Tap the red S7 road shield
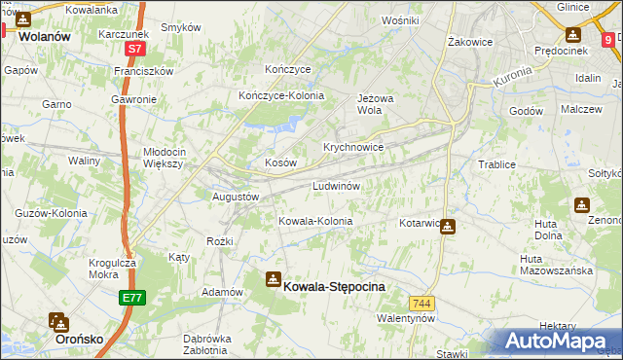pyautogui.click(x=137, y=47)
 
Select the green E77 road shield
pyautogui.click(x=133, y=298)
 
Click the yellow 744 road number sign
pyautogui.click(x=421, y=304)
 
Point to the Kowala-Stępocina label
pyautogui.click(x=334, y=287)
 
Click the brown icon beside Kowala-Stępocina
pyautogui.click(x=274, y=280)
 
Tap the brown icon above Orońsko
pyautogui.click(x=57, y=322)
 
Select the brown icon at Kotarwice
pyautogui.click(x=447, y=227)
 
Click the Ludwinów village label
pyautogui.click(x=337, y=185)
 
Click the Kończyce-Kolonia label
pyautogui.click(x=281, y=95)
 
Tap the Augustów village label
pyautogui.click(x=236, y=197)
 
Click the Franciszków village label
pyautogui.click(x=143, y=71)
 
